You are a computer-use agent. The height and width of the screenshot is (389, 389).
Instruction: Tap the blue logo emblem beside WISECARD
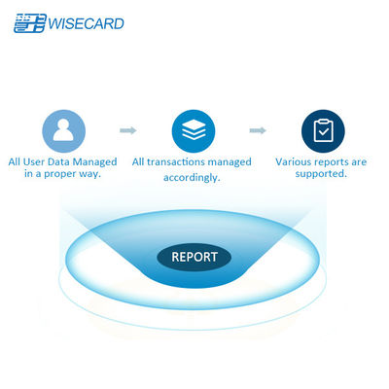(x=25, y=22)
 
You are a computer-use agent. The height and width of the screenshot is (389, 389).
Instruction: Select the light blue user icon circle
(x=64, y=129)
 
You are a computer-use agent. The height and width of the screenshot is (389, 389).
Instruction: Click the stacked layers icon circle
(x=193, y=129)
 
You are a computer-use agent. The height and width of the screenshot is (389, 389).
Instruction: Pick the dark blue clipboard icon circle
(x=322, y=129)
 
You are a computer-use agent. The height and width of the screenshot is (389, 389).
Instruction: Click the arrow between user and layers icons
(x=127, y=129)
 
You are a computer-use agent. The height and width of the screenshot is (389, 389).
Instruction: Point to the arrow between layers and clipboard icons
(x=258, y=129)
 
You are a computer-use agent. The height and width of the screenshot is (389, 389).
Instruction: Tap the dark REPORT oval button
(x=194, y=258)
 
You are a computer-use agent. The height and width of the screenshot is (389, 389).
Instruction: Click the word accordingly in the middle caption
(x=192, y=178)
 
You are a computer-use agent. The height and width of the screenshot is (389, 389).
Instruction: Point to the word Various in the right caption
(x=296, y=161)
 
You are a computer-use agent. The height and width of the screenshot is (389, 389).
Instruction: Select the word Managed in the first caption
(x=95, y=161)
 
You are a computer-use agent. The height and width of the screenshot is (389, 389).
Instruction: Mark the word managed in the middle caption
(x=230, y=162)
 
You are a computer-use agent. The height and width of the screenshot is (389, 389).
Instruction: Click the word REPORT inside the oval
(x=194, y=258)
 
